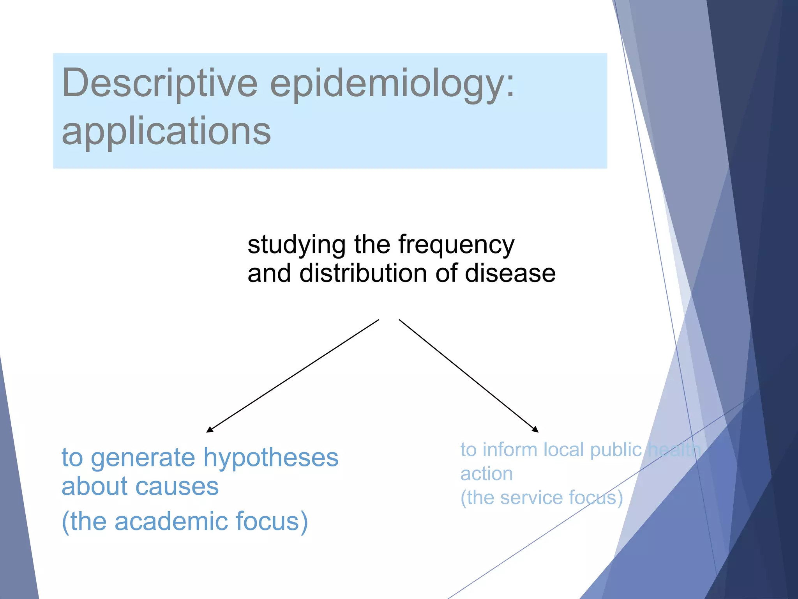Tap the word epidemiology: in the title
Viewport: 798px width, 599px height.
(x=392, y=84)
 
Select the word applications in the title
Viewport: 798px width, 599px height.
(x=166, y=132)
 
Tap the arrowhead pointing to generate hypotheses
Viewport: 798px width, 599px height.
(x=210, y=429)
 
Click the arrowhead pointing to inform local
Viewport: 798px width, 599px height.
(x=535, y=429)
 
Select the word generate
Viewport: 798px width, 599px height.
(x=143, y=458)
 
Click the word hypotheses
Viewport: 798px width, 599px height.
(x=271, y=458)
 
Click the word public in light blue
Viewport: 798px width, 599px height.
(x=616, y=450)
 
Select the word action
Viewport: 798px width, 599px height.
(x=486, y=474)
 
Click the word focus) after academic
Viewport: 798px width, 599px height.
(x=272, y=521)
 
